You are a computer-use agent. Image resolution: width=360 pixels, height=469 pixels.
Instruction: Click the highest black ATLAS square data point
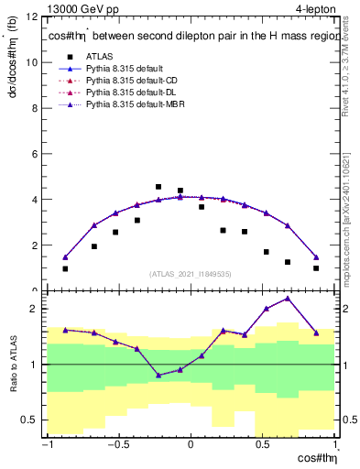pos(158,187)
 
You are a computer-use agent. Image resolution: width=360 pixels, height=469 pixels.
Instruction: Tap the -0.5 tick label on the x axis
pos(116,446)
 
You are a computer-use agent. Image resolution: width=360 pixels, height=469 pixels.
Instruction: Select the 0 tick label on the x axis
pos(191,446)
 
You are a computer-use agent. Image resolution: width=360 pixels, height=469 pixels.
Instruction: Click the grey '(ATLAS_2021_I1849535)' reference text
pos(191,274)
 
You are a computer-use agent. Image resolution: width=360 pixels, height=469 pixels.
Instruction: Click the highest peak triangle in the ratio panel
pos(288,298)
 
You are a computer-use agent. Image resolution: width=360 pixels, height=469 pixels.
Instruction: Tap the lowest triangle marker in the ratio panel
pos(158,375)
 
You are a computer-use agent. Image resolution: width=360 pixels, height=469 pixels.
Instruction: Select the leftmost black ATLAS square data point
pos(65,268)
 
